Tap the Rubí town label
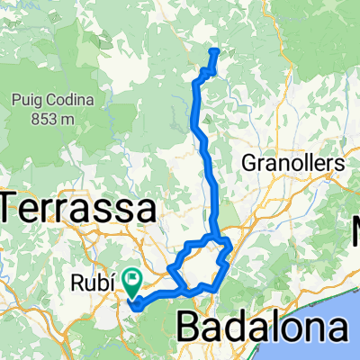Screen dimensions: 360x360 pyautogui.click(x=90, y=283)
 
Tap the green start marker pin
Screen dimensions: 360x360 pyautogui.click(x=134, y=282)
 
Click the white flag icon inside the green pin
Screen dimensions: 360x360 pyautogui.click(x=134, y=279)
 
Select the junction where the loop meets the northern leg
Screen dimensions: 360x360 pyautogui.click(x=214, y=237)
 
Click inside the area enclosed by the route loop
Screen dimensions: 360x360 pyautogui.click(x=200, y=264)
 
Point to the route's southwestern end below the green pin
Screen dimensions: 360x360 pyautogui.click(x=135, y=304)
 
